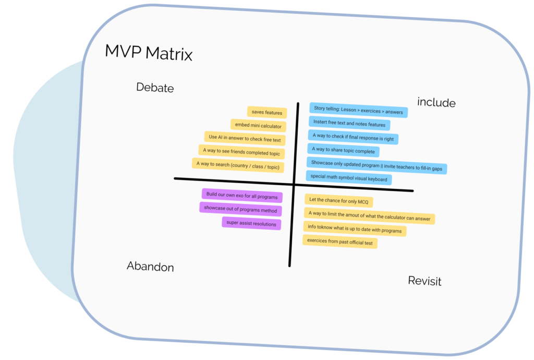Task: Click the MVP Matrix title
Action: (149, 53)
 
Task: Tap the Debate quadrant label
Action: (155, 88)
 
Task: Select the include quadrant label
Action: (436, 103)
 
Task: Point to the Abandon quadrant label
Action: (150, 267)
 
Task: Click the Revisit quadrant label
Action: (424, 281)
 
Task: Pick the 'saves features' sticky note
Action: (266, 113)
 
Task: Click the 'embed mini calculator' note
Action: (258, 126)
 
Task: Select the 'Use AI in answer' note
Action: (245, 139)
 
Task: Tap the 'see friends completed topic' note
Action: (241, 152)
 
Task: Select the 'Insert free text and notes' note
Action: (349, 124)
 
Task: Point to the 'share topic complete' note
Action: (343, 150)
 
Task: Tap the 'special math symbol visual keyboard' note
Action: (349, 178)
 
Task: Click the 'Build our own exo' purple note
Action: (241, 196)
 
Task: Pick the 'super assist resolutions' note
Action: (251, 223)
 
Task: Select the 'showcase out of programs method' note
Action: (240, 209)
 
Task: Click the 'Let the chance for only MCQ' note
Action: (339, 201)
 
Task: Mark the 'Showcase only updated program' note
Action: (377, 164)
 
